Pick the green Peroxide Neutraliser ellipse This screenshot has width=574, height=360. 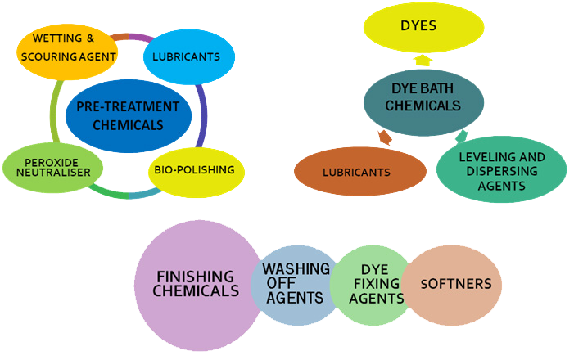point(52,169)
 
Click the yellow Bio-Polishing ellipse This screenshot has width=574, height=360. point(193,170)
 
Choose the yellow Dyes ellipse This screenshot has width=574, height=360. point(418,26)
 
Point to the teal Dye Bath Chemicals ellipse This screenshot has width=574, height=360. point(423,97)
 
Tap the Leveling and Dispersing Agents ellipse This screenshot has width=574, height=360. point(501,170)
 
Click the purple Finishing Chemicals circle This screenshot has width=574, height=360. point(197,283)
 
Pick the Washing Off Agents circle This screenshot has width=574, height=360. point(296,283)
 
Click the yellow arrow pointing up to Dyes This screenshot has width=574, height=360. point(423,60)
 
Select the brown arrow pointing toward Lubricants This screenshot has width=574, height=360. point(385,137)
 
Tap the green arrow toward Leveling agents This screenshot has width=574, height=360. point(461,136)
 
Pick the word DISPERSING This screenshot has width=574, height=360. point(500,171)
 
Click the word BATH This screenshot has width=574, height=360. point(442,89)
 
